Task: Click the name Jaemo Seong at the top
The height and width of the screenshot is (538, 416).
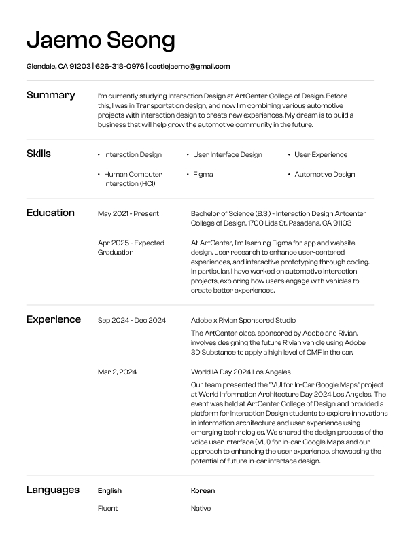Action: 101,40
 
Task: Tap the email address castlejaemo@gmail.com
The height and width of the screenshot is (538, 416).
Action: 190,67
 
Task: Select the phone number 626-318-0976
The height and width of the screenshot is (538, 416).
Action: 120,67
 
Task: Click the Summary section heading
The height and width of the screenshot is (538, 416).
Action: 50,95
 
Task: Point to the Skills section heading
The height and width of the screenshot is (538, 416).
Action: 39,154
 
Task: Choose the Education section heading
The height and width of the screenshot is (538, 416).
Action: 50,213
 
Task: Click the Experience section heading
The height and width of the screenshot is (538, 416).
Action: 54,319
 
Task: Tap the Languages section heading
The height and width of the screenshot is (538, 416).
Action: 53,490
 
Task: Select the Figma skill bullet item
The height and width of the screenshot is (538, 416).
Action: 203,175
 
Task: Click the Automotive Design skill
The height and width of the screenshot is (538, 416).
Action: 324,175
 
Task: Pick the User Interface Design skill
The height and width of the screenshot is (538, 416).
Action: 227,155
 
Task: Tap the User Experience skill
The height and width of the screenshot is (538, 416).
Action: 320,155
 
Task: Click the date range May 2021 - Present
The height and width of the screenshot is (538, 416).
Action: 128,214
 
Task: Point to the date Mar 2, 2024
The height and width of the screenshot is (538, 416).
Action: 118,372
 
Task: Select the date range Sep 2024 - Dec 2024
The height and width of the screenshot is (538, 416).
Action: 132,320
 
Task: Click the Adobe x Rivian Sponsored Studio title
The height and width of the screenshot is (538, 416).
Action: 243,320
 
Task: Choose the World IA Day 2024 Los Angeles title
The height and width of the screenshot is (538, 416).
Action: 241,372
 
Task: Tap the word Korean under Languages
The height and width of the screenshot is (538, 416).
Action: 203,490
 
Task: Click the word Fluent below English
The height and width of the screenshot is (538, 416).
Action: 107,508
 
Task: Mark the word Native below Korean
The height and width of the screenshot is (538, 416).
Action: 201,508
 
